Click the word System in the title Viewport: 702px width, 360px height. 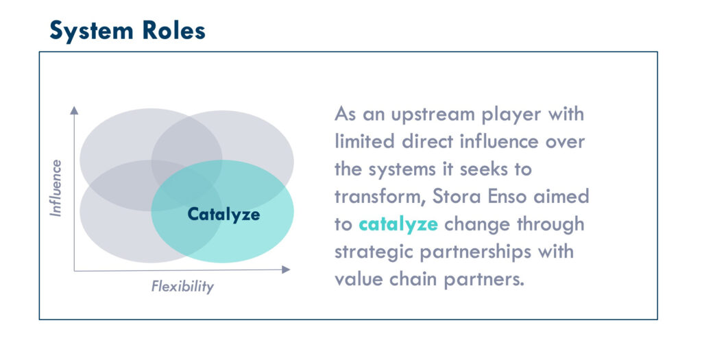(91, 31)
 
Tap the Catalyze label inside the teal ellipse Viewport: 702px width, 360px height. (223, 215)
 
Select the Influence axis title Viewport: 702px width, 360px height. (56, 188)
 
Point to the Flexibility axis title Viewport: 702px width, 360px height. (182, 286)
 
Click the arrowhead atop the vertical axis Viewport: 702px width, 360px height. (74, 110)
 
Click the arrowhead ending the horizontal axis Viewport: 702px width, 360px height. (286, 269)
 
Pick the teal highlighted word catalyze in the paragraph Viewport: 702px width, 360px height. (398, 224)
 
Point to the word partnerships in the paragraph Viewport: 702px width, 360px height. (476, 252)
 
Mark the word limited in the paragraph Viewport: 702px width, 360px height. (365, 141)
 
